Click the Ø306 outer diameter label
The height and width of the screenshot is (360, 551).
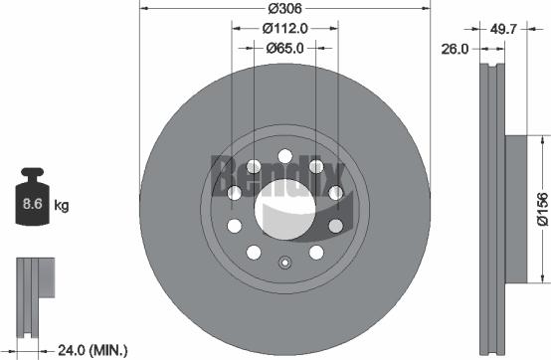click(x=284, y=9)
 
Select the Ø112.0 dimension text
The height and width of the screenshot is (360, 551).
click(x=284, y=29)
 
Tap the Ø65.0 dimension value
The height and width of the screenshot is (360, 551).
click(x=284, y=47)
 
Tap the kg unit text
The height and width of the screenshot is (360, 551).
click(x=61, y=206)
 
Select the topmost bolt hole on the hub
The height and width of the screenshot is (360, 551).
click(x=284, y=155)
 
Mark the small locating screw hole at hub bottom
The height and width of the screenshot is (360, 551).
click(x=284, y=264)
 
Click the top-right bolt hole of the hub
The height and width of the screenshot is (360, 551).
click(x=315, y=166)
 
